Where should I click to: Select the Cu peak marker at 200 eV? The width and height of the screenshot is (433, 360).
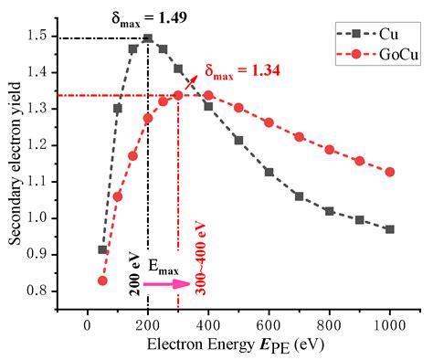point(148,39)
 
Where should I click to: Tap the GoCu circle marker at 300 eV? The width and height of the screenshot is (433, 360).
point(178,95)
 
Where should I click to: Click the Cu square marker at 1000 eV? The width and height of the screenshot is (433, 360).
point(390,228)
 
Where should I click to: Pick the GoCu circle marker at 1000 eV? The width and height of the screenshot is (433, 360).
point(390,172)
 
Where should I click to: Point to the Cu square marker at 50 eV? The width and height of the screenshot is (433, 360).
point(102,249)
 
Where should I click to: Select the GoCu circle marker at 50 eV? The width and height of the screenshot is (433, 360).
point(102,281)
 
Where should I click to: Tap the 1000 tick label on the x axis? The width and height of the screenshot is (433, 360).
point(390,324)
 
